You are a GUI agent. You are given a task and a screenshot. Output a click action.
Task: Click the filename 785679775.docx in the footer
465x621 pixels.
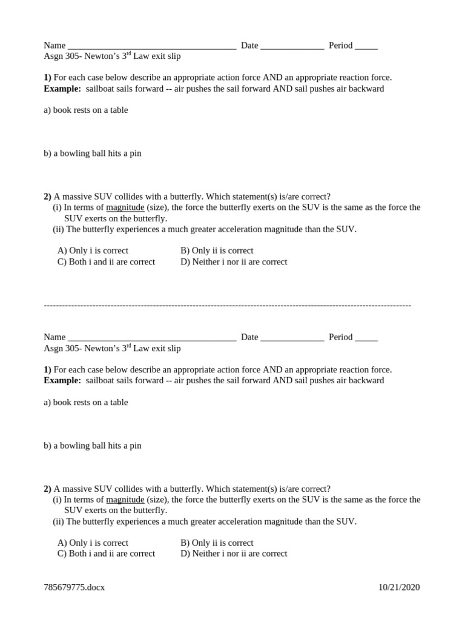click(74, 587)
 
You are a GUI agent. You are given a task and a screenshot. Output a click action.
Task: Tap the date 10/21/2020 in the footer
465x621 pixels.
click(399, 587)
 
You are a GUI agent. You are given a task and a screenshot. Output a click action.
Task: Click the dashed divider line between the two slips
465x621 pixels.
click(227, 305)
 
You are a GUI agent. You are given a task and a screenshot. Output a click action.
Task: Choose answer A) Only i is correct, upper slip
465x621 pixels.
click(93, 250)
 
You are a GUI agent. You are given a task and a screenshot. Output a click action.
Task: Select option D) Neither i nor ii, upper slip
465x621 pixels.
click(234, 262)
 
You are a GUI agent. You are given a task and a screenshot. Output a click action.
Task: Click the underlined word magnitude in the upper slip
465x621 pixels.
click(125, 207)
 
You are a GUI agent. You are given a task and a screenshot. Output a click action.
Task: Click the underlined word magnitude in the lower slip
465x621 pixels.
click(125, 500)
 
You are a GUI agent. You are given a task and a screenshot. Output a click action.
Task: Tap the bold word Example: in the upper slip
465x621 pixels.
click(62, 89)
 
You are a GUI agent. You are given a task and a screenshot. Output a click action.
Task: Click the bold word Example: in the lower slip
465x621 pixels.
click(62, 381)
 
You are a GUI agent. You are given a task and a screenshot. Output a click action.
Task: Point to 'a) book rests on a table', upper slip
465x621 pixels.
click(85, 110)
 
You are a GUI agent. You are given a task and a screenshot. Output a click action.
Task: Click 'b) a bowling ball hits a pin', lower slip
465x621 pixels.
click(92, 446)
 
